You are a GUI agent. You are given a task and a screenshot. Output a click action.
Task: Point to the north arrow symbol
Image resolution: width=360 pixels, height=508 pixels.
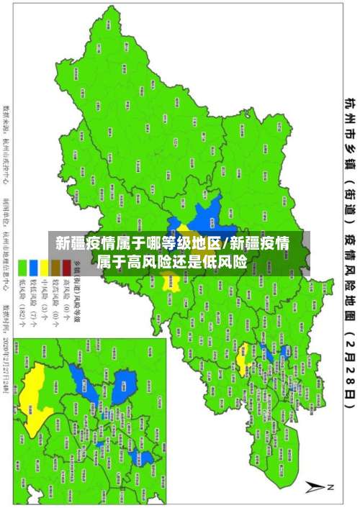pos(317,486)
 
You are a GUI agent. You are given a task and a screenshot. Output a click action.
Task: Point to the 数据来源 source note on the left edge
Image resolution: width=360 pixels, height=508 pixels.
pos(7,119)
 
